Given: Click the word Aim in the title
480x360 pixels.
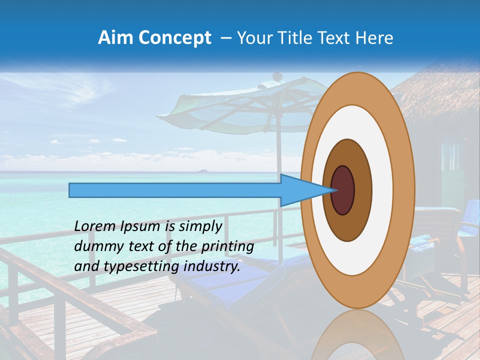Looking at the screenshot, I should click(114, 38).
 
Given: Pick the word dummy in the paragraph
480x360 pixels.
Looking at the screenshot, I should click(95, 246).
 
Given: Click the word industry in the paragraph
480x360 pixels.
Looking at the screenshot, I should click(209, 266).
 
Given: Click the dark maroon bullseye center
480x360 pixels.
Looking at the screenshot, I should click(343, 190).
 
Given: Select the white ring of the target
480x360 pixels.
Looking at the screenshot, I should click(382, 190).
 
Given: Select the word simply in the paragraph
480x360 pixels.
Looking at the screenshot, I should click(200, 226).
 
